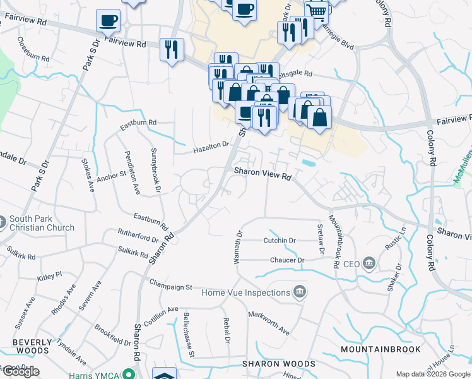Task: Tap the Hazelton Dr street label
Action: (x=211, y=148)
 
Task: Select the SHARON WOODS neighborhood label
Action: (x=279, y=364)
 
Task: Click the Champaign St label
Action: (x=170, y=286)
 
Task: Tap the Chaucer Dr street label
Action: (x=287, y=260)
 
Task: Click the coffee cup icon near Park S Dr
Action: (x=108, y=20)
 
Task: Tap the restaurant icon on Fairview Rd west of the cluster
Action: (x=172, y=49)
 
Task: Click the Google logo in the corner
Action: (x=20, y=372)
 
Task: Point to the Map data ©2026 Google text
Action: (x=432, y=374)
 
